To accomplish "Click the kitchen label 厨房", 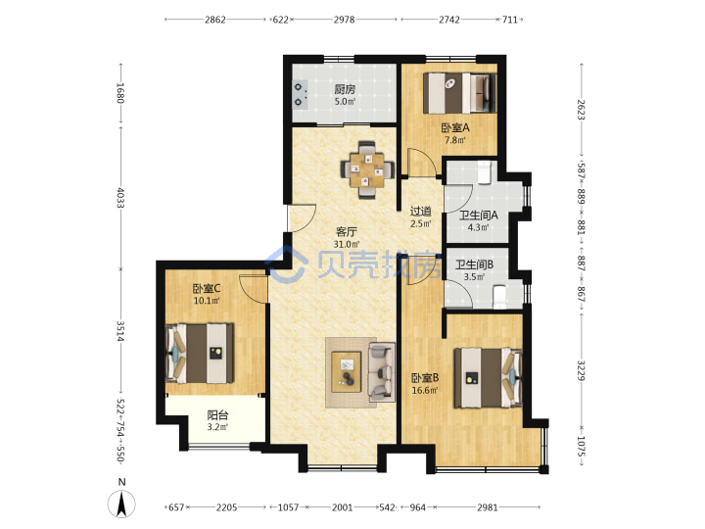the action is [345, 89].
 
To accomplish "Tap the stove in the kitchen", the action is [301, 94].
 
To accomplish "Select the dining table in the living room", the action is [368, 169].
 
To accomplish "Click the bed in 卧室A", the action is [460, 93].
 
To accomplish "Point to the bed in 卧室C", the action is [200, 353].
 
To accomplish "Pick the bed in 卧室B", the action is [488, 377].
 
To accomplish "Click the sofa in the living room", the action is [382, 372].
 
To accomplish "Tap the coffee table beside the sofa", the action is [347, 372].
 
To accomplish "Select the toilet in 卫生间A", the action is [484, 172].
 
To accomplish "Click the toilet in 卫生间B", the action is [500, 297].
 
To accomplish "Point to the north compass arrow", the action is [121, 503].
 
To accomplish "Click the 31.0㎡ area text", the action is [347, 244].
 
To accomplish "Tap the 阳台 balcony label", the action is [217, 414].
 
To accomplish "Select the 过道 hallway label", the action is [421, 211].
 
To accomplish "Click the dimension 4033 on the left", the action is [120, 198].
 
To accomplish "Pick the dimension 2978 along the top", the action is [344, 20].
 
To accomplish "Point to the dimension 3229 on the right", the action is [581, 370].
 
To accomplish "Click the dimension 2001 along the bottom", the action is [342, 507].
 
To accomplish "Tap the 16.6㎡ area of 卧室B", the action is [425, 390].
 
